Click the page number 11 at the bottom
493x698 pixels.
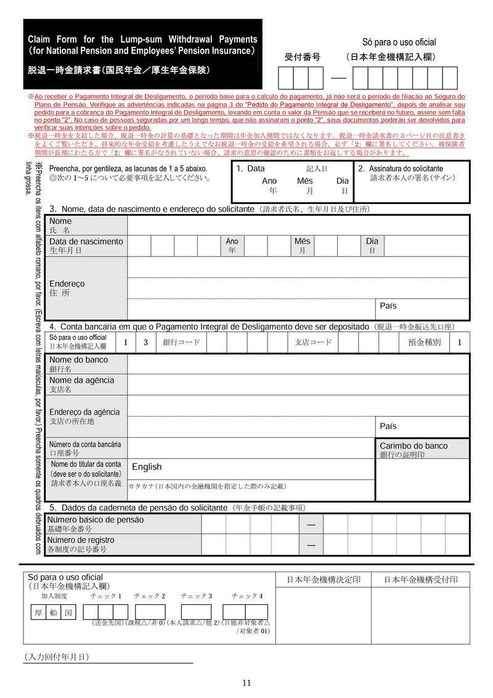[246, 682]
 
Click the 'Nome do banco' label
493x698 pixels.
[78, 359]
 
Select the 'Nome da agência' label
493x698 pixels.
[81, 380]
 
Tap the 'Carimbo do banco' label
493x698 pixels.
[414, 446]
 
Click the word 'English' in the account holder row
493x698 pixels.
[147, 467]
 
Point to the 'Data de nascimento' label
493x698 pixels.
[86, 242]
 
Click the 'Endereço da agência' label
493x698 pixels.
[84, 412]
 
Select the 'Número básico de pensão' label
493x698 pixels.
[96, 520]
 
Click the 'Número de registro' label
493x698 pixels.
[81, 540]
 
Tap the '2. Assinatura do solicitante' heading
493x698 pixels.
[401, 168]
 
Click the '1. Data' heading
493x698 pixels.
[250, 168]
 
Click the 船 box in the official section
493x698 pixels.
[54, 612]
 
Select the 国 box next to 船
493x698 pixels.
[68, 612]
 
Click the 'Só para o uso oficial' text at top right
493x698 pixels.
[399, 43]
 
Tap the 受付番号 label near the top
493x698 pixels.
[302, 57]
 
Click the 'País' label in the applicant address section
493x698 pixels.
[388, 306]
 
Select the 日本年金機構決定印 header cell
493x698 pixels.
[324, 580]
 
